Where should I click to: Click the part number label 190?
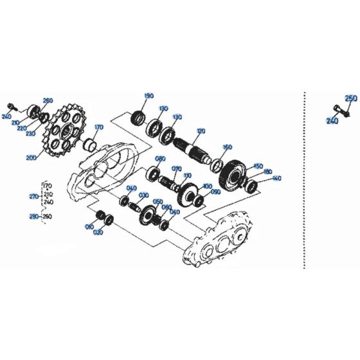149,96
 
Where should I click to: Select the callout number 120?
201,131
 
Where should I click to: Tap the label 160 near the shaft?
226,147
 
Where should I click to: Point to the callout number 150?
258,166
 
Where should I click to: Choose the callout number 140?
277,178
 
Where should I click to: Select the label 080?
159,159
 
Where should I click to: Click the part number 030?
142,195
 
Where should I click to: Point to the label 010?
89,226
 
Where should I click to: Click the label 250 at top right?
351,98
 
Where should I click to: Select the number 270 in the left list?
34,195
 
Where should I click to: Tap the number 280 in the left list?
34,217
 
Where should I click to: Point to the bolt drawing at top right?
340,111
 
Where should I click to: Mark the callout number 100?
206,186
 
